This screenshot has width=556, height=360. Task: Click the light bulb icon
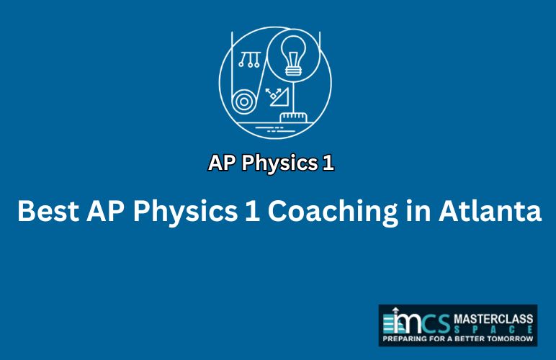[293, 56]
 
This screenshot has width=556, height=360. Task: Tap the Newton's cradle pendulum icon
[250, 60]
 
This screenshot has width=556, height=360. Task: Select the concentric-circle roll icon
[244, 102]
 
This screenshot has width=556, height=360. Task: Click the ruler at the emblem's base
[293, 117]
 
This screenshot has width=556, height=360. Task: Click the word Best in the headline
[48, 212]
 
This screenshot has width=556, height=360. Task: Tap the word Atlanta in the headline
[490, 211]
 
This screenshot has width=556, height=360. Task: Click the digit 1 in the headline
[252, 212]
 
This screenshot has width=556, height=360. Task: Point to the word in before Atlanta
[418, 211]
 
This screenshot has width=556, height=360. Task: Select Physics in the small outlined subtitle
[279, 163]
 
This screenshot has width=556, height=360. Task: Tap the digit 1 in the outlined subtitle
[328, 163]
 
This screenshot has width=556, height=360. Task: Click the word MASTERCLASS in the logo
[493, 319]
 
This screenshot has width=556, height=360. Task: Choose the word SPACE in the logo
[493, 330]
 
